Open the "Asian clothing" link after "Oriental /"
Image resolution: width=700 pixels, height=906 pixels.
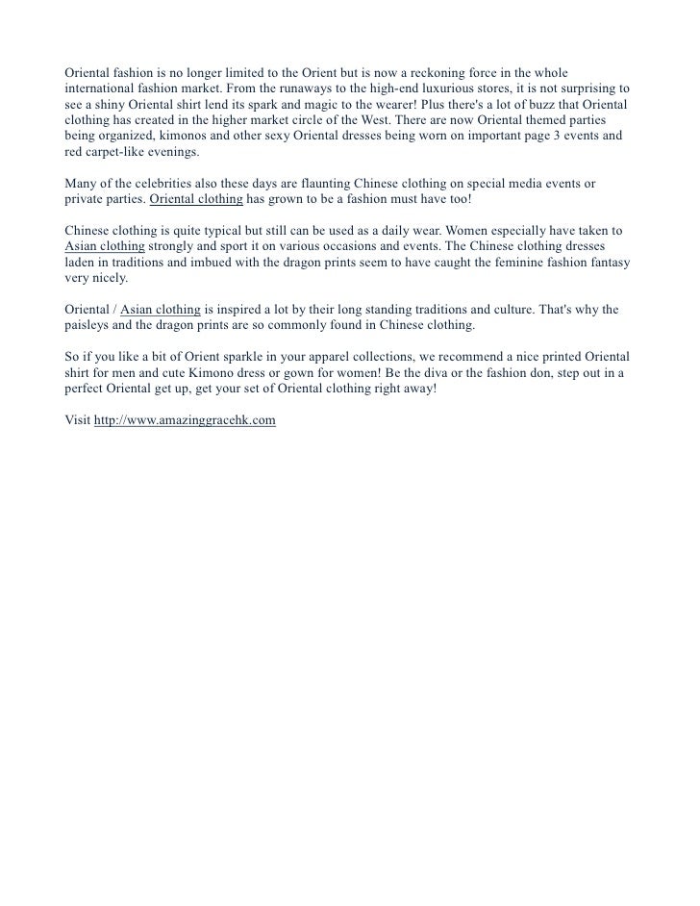coord(161,310)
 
